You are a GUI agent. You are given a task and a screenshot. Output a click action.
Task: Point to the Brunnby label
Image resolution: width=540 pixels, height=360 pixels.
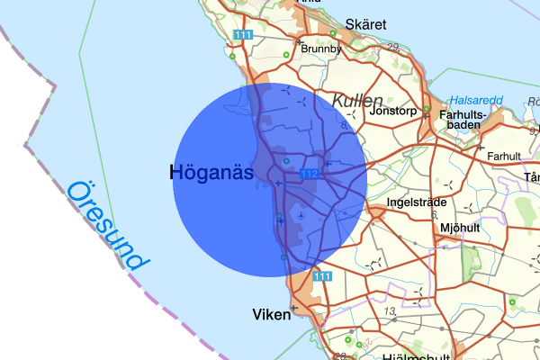(321, 49)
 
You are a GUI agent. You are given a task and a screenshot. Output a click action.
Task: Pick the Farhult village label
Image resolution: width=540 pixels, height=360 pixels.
(503, 156)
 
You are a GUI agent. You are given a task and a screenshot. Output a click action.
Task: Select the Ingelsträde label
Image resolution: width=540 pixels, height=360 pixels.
(416, 202)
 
